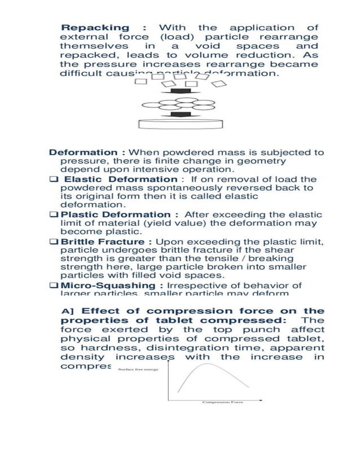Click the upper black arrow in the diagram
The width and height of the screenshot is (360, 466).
click(181, 93)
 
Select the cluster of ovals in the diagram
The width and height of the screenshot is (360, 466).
click(181, 104)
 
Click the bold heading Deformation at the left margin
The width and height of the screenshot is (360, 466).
click(83, 152)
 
